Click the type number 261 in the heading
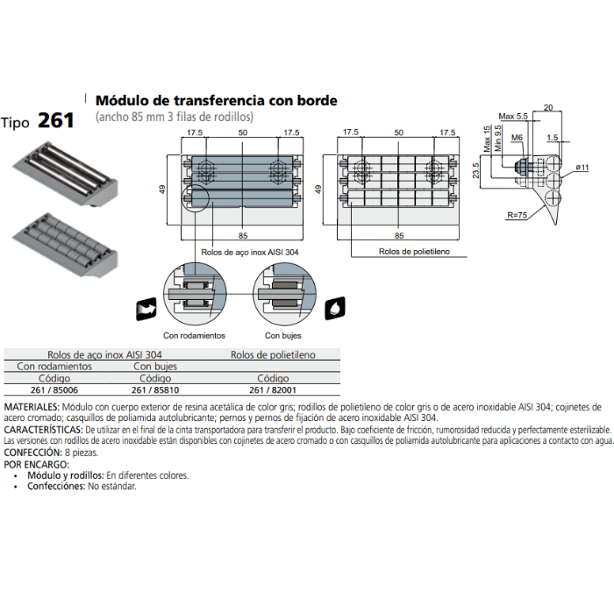(x=56, y=120)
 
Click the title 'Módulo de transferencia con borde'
(x=216, y=101)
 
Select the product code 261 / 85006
(x=54, y=390)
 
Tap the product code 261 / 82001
(x=273, y=390)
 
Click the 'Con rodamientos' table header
(x=54, y=367)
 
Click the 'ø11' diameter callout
(x=582, y=167)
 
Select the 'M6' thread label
(x=517, y=138)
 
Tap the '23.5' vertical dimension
(x=477, y=170)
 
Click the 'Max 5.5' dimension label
(x=513, y=117)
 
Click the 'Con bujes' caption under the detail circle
(x=283, y=335)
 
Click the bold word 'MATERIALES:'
(x=32, y=409)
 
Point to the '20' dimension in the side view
(x=548, y=107)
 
